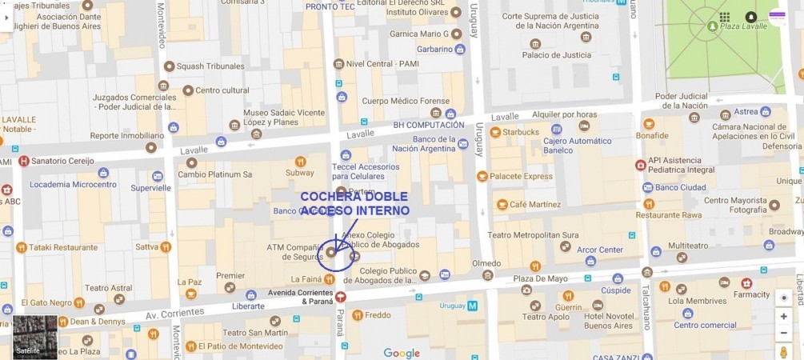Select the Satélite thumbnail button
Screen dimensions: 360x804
(35, 337)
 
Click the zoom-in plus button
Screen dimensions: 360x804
(783, 316)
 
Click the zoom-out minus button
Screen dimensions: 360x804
(783, 333)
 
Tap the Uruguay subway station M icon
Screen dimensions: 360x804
(472, 306)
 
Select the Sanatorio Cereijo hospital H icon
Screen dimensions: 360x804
(24, 161)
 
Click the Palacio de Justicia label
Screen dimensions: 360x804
(550, 54)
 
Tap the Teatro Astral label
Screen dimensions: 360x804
(108, 288)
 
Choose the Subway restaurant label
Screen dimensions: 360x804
(300, 172)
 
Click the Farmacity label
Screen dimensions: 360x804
(751, 294)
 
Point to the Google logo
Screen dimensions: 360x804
(402, 353)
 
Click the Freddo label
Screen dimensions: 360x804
(378, 315)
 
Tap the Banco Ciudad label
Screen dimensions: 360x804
(681, 188)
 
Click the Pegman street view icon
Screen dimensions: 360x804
(783, 351)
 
